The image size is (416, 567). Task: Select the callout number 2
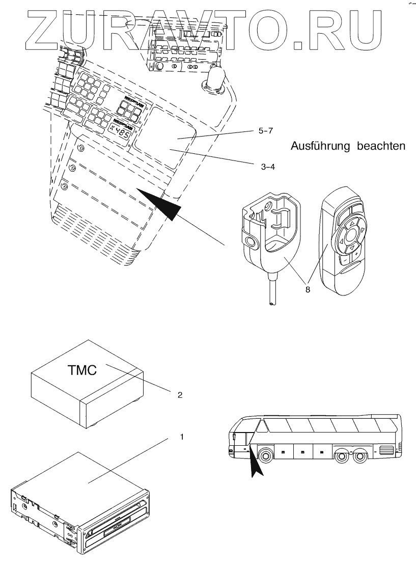point(179,394)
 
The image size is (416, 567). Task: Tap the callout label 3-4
point(268,166)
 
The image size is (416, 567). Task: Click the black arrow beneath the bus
point(255,465)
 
